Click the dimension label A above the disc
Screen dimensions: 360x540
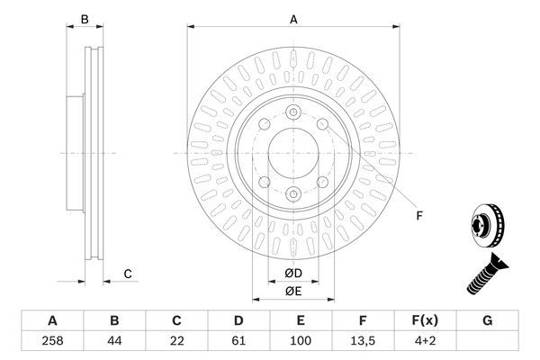[293, 19]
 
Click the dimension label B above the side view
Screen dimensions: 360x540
[85, 19]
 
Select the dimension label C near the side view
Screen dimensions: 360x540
[129, 274]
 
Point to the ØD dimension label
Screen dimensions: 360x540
[294, 273]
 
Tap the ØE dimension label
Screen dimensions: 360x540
[294, 291]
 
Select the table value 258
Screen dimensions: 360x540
[52, 342]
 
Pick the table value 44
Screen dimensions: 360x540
[114, 342]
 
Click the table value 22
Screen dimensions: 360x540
[176, 342]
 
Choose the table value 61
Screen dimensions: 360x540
[238, 342]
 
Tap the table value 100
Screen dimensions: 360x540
[301, 342]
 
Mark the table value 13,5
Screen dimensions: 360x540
[363, 342]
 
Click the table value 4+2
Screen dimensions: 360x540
[425, 342]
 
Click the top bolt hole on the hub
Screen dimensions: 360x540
[293, 112]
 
